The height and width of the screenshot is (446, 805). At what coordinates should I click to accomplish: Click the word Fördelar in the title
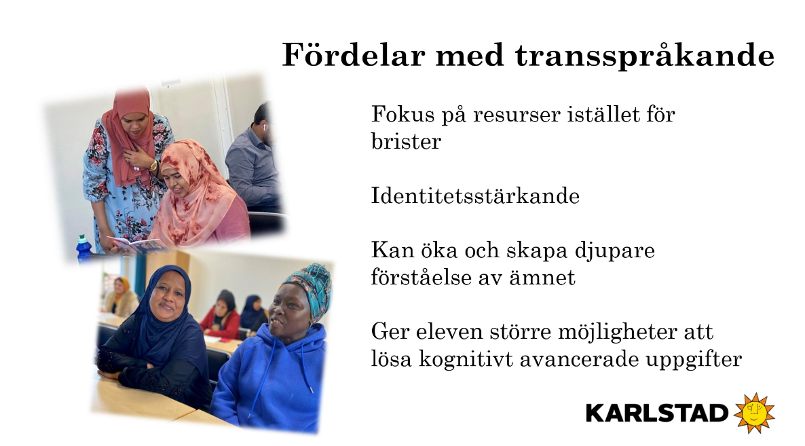coord(354,54)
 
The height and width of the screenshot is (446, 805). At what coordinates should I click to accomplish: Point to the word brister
coord(406,141)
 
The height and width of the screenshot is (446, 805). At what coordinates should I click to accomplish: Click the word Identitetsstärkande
coord(475,196)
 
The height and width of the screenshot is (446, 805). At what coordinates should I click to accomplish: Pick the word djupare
coord(614,251)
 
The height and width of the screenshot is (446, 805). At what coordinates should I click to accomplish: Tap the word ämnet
coord(542,278)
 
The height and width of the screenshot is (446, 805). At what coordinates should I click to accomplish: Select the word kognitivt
coord(466,359)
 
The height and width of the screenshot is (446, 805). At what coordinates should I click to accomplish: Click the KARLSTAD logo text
coord(657,413)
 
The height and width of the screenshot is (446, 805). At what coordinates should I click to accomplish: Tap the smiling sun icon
coord(753,413)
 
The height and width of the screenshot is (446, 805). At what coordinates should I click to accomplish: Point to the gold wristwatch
coord(153,166)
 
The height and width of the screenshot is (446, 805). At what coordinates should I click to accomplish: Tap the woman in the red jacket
coord(221,315)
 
